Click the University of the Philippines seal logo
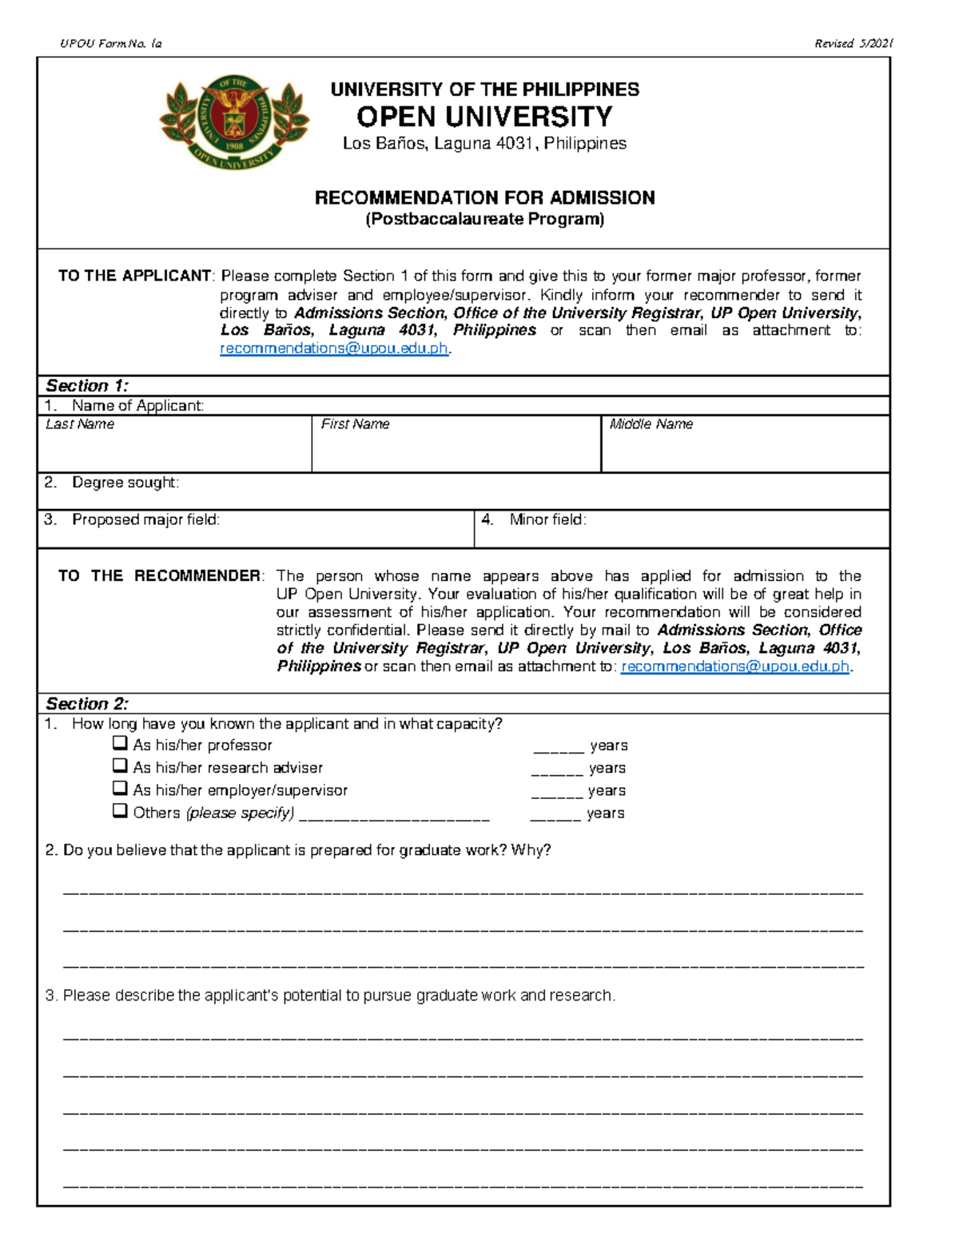[234, 121]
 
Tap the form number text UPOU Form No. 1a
[111, 44]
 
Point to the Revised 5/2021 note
[853, 44]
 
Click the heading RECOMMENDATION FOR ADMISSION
[484, 197]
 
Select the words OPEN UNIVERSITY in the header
[484, 117]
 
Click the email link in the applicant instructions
[334, 348]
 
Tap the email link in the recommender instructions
[734, 666]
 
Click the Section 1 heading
[87, 385]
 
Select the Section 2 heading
[87, 703]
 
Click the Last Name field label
[80, 424]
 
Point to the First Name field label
[355, 424]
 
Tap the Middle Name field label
[651, 424]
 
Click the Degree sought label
[125, 483]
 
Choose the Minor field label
[547, 519]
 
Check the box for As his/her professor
[120, 743]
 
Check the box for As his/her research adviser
[120, 766]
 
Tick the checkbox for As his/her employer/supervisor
[120, 788]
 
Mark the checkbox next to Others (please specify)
[120, 810]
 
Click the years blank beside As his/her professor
[558, 748]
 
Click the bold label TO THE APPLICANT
[134, 276]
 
